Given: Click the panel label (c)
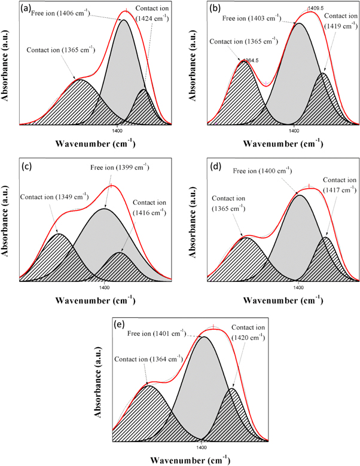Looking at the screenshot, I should click(x=28, y=167).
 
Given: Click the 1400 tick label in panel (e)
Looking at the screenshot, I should click(x=201, y=445).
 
